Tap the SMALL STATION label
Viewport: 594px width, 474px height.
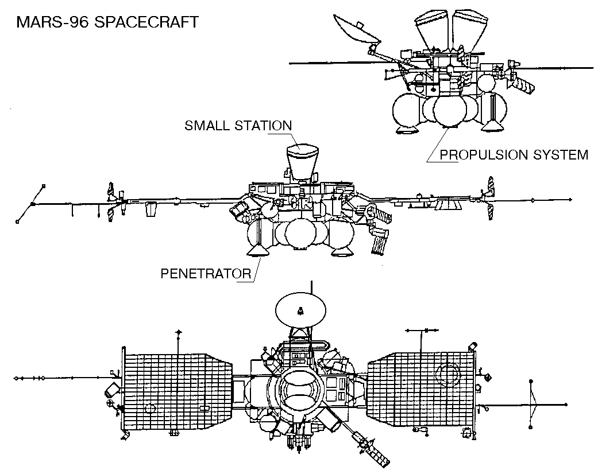coord(238,126)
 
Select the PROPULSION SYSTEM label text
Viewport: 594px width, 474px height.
coord(514,154)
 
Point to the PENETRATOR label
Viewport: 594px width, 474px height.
coord(206,274)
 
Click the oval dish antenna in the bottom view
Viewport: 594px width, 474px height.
coord(299,310)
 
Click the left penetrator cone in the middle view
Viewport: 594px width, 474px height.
coord(256,251)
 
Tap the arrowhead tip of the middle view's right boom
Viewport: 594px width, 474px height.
coord(570,200)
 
